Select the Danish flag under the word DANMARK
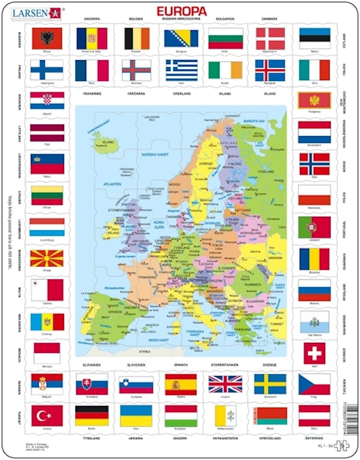(x=271, y=38)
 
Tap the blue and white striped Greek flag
(x=181, y=70)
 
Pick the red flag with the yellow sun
(x=47, y=258)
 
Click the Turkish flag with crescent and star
(x=47, y=416)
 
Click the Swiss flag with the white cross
(x=314, y=353)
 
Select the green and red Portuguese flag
(x=314, y=227)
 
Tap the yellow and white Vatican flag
(x=225, y=416)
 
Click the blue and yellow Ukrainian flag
(x=136, y=416)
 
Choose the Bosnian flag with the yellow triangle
(x=181, y=38)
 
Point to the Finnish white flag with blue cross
(x=47, y=70)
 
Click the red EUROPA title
(x=181, y=11)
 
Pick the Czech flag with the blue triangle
(x=314, y=384)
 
